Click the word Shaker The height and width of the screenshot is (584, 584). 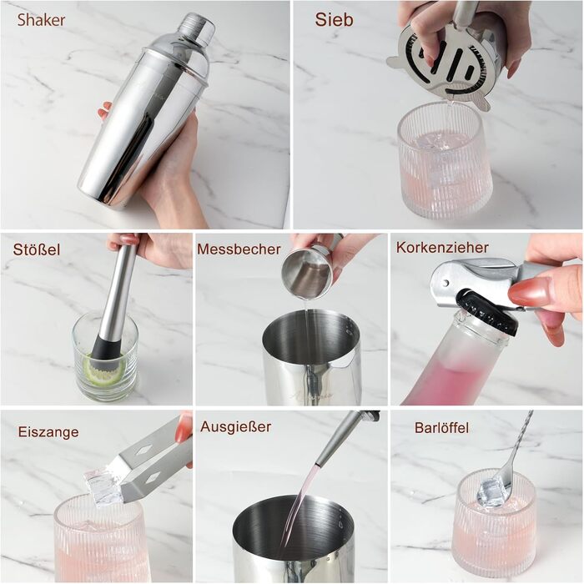[41, 20]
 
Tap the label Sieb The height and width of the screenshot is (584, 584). [334, 20]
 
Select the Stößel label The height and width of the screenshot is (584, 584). [37, 249]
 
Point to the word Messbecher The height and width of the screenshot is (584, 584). [239, 249]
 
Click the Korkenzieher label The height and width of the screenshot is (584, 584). [442, 247]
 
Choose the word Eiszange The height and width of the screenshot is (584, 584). [48, 432]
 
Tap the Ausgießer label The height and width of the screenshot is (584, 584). [236, 427]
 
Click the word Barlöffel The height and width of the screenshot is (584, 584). [441, 427]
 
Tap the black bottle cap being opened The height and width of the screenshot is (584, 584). [488, 310]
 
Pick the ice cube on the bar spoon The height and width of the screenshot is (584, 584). [493, 491]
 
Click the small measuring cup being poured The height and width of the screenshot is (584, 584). [306, 273]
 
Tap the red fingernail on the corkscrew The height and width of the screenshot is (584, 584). [528, 291]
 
